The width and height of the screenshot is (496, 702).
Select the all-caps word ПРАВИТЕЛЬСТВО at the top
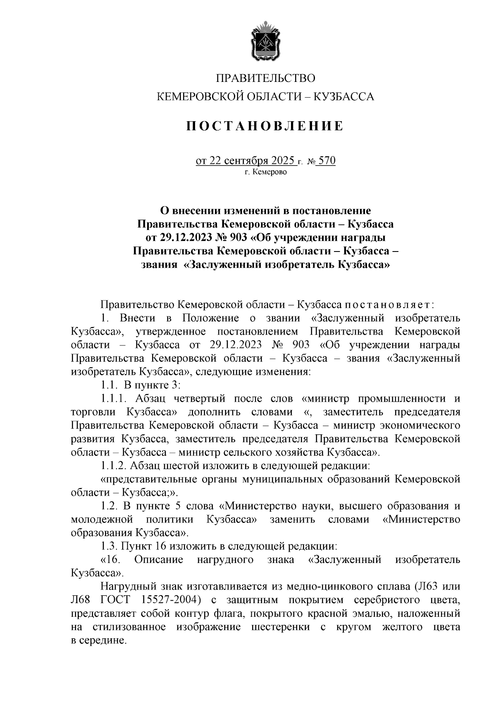point(266,78)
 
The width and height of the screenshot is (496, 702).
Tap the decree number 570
point(327,161)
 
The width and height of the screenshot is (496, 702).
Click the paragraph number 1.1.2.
point(113,466)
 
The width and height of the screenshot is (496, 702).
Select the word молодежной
point(102,519)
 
